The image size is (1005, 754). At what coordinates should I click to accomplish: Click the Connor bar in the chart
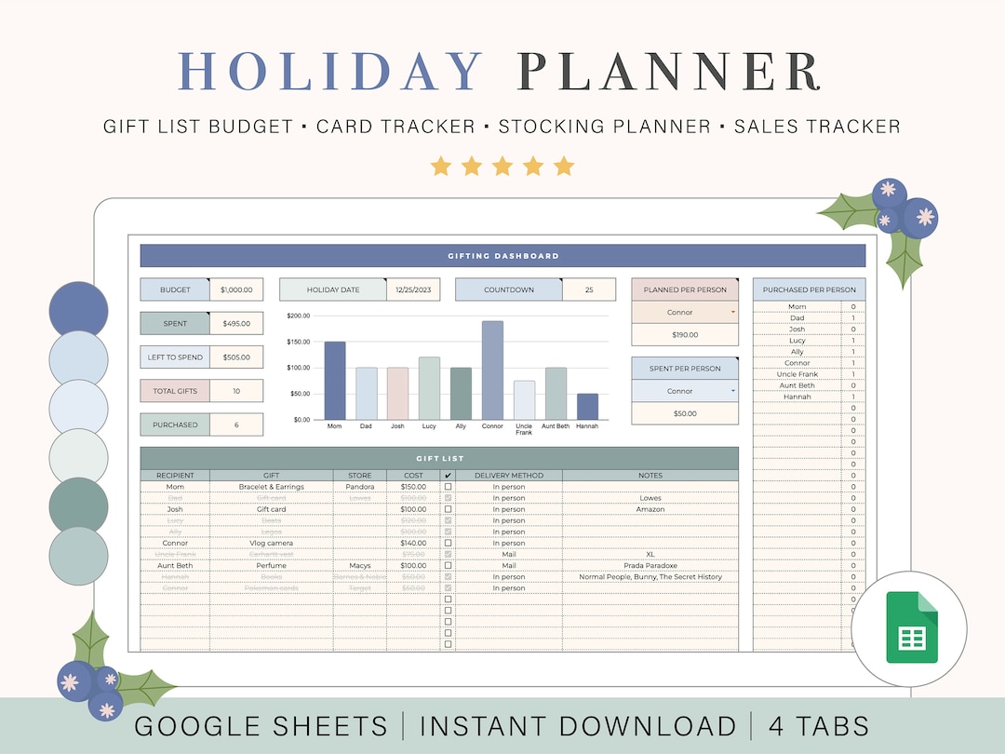(x=492, y=370)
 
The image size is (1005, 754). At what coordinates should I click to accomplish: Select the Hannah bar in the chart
(x=587, y=407)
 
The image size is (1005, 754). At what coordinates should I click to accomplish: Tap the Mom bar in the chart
(x=335, y=381)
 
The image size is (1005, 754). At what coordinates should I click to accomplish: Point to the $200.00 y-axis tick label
(x=299, y=316)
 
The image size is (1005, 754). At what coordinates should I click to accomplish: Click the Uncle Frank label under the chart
(x=524, y=429)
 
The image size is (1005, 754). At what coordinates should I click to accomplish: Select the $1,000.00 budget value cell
(x=236, y=289)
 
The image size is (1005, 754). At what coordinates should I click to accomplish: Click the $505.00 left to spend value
(x=236, y=357)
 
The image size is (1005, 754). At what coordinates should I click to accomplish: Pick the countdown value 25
(x=588, y=289)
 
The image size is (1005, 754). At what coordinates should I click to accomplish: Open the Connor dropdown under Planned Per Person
(x=685, y=313)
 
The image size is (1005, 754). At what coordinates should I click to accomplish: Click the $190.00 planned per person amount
(x=685, y=335)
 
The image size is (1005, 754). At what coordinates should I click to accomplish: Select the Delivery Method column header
(x=508, y=476)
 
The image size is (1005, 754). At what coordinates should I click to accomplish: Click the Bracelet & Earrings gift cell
(x=272, y=487)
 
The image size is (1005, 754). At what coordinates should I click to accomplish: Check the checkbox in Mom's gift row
(x=448, y=487)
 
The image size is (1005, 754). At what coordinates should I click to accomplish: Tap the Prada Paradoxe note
(x=650, y=565)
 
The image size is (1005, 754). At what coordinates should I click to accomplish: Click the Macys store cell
(x=359, y=565)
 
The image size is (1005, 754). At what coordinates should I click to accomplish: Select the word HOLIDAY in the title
(x=332, y=72)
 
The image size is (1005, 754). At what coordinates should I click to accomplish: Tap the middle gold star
(x=502, y=167)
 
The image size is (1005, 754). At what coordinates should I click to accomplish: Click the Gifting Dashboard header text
(x=502, y=256)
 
